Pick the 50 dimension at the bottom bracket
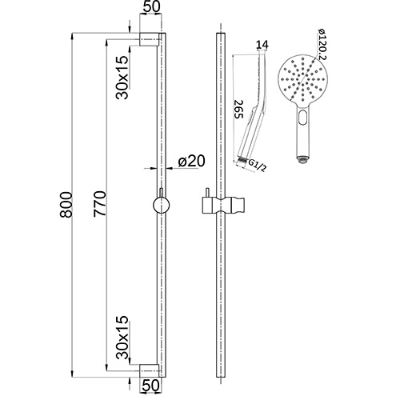tap(150, 386)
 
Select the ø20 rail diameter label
tap(191, 161)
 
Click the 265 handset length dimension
tap(238, 109)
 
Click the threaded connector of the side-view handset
tap(242, 161)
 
